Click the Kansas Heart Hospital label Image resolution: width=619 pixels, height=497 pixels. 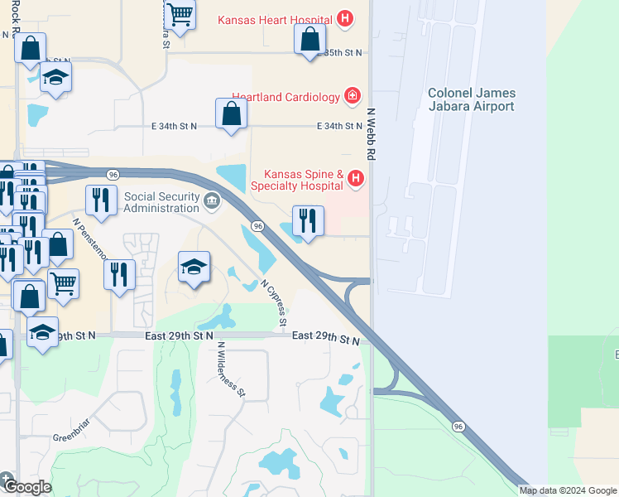point(276,19)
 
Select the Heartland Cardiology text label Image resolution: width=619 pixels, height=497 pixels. point(286,97)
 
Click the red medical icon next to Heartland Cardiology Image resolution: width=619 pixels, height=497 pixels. point(353,97)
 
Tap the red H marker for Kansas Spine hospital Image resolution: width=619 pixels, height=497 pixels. point(356,177)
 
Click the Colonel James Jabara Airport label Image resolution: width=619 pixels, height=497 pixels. point(471,99)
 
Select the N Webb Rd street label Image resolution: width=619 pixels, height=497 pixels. point(371,133)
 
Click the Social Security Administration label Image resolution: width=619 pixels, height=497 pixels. point(162,202)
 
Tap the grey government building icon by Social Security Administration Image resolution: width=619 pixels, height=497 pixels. point(213,200)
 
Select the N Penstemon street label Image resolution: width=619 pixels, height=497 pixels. point(90,239)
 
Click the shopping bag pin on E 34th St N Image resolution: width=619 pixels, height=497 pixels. point(231,114)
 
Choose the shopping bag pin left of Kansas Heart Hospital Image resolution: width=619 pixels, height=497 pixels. point(309,39)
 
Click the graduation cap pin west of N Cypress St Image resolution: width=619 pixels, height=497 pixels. point(194,268)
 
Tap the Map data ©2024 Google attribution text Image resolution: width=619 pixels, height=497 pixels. point(568,490)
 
